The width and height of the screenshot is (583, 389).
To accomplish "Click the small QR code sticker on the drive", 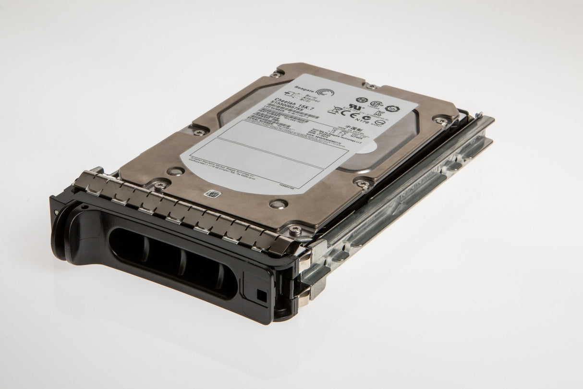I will coord(212,194).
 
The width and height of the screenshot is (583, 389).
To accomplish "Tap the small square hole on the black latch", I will coord(262,296).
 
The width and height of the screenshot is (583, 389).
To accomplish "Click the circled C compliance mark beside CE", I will coord(367,118).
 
